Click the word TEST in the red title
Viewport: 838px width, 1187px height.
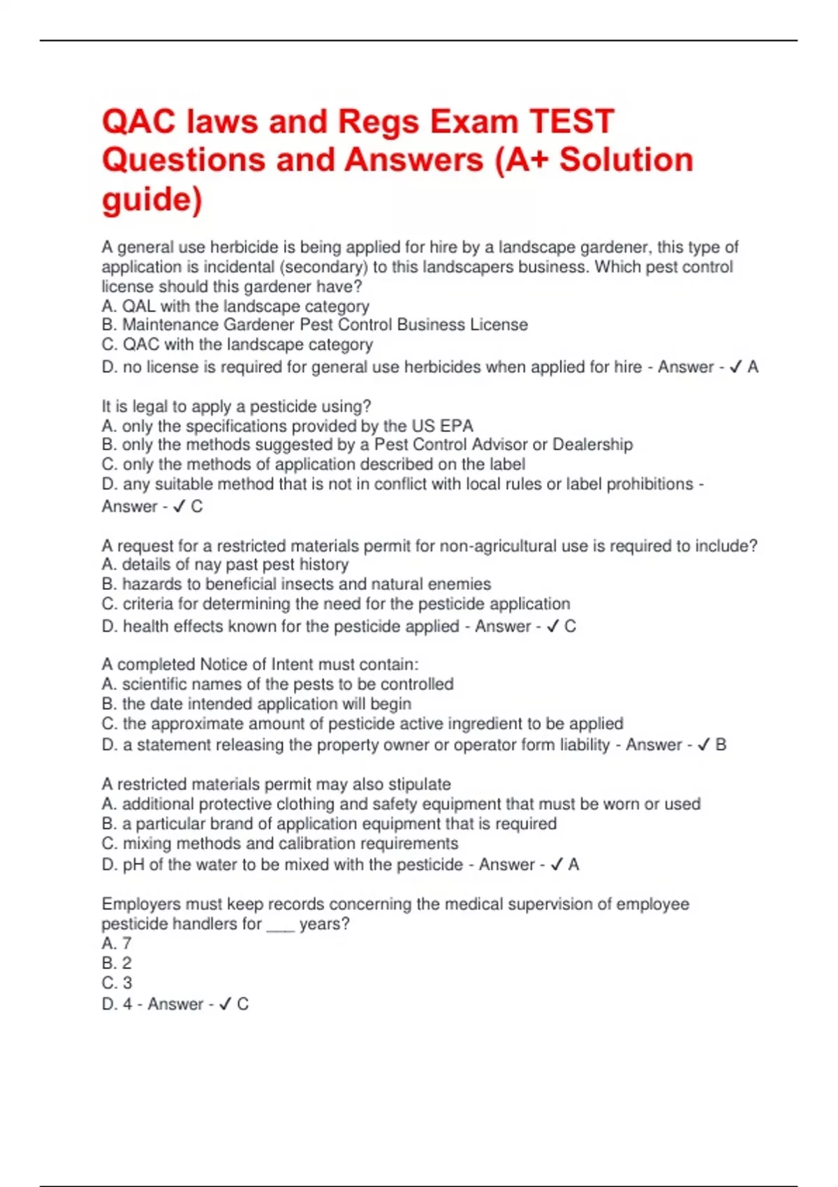tap(572, 121)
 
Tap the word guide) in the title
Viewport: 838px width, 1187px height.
tap(152, 199)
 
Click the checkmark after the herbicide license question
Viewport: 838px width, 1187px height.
tap(735, 367)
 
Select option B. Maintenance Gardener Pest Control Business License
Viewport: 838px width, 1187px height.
tap(314, 325)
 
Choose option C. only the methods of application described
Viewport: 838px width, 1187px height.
tap(314, 464)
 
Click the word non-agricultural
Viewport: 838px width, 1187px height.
tap(502, 546)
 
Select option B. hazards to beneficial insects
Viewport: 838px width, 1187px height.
tap(296, 584)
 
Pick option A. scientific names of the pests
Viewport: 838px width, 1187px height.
tap(277, 684)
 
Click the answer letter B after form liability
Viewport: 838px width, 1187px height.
tap(721, 745)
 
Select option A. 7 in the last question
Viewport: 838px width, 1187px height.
tap(117, 943)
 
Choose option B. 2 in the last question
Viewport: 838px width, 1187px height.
tap(117, 963)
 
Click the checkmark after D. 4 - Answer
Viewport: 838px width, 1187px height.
tap(225, 1004)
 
